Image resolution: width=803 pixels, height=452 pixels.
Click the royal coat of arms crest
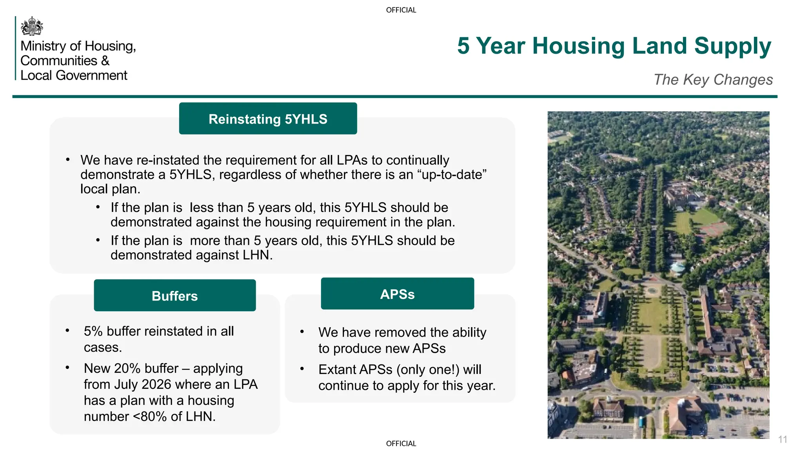(x=32, y=26)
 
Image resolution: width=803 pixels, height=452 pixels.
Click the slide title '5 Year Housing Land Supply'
(x=614, y=46)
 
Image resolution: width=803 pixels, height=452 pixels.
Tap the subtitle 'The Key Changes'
(x=713, y=80)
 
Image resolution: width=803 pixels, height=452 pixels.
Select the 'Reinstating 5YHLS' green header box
(x=268, y=119)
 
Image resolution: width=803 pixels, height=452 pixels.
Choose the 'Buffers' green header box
(x=174, y=296)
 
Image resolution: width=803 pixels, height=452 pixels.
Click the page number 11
(x=783, y=439)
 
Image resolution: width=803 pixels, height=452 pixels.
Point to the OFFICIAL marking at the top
(x=401, y=10)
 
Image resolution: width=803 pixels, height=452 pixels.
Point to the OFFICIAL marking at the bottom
(x=401, y=444)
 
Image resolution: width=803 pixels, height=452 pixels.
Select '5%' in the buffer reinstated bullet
(x=93, y=331)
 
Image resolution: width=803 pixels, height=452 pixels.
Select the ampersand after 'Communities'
(x=105, y=61)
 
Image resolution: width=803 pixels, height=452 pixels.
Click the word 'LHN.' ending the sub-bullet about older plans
(x=257, y=255)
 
